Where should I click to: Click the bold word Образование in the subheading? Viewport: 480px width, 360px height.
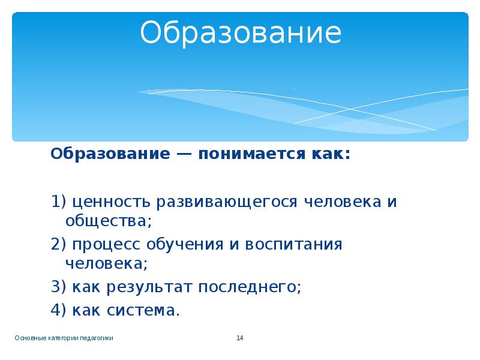108,154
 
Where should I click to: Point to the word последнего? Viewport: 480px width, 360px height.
250,286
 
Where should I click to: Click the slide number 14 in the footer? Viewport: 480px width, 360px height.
239,338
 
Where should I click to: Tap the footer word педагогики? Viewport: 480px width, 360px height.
98,338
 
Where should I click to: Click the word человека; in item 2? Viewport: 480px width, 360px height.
106,263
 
